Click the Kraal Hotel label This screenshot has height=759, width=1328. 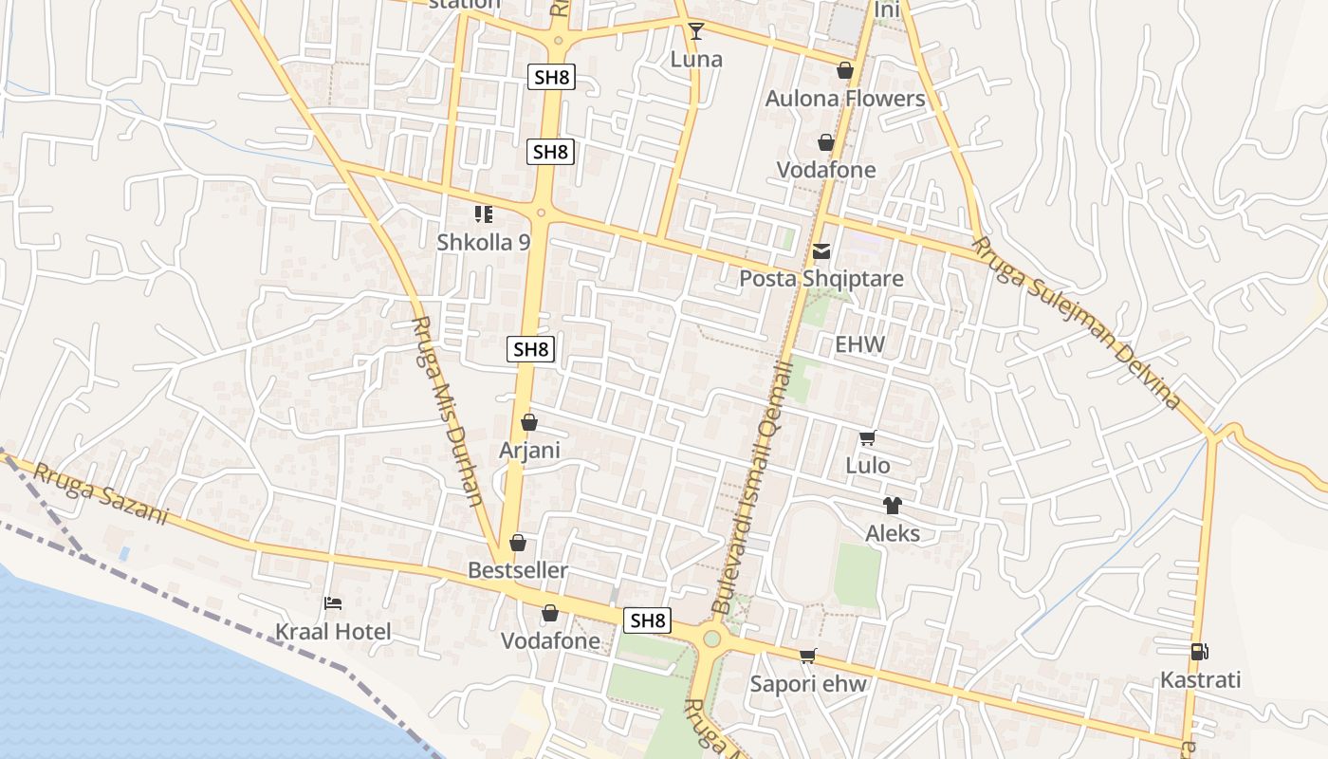click(x=333, y=632)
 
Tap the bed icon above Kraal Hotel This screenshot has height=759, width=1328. click(x=332, y=602)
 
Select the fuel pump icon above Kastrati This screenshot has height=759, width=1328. click(x=1200, y=652)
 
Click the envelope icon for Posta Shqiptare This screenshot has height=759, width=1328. click(x=821, y=251)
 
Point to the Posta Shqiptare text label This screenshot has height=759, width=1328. click(x=821, y=279)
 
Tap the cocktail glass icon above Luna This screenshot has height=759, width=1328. click(x=696, y=31)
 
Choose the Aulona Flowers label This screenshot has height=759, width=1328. click(x=845, y=99)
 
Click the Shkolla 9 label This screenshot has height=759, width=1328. click(x=484, y=242)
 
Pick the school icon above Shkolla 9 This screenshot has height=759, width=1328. click(x=484, y=214)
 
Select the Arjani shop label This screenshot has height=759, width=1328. click(x=529, y=451)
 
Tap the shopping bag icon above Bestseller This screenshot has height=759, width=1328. click(x=518, y=543)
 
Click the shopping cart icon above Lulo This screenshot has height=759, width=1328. click(x=867, y=437)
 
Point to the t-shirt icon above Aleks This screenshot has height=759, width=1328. click(x=893, y=506)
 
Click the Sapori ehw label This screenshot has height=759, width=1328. click(x=809, y=684)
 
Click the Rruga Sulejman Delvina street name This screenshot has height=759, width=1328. click(x=1077, y=323)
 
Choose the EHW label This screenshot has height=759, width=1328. click(x=859, y=344)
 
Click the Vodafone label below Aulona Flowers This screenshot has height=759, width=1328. click(x=826, y=170)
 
